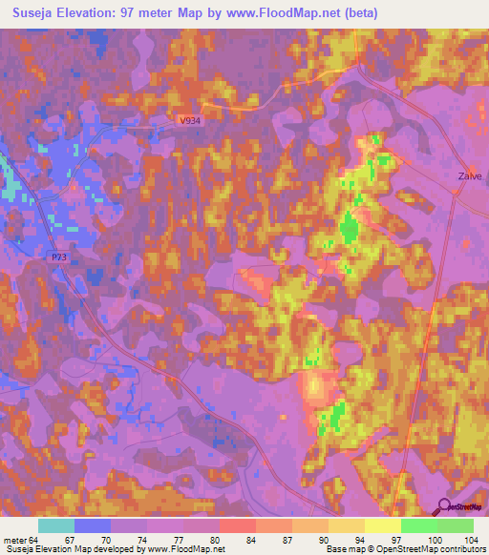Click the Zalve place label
469,176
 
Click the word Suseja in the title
29,13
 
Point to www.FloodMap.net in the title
286,13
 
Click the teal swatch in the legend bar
56,525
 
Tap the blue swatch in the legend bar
93,525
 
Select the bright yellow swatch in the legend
383,525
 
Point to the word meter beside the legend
15,539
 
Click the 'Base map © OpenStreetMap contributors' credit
406,549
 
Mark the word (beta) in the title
361,13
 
